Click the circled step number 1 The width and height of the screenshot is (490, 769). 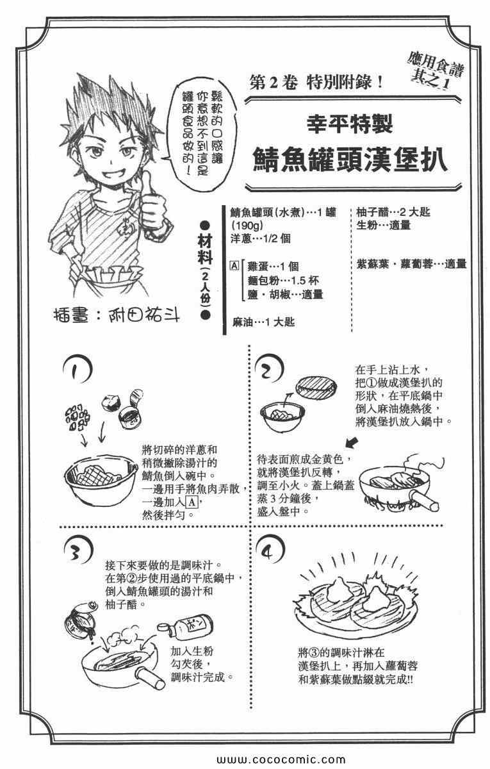77,370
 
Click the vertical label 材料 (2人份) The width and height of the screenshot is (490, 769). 205,270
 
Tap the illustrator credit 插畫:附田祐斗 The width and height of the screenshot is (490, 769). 117,317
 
